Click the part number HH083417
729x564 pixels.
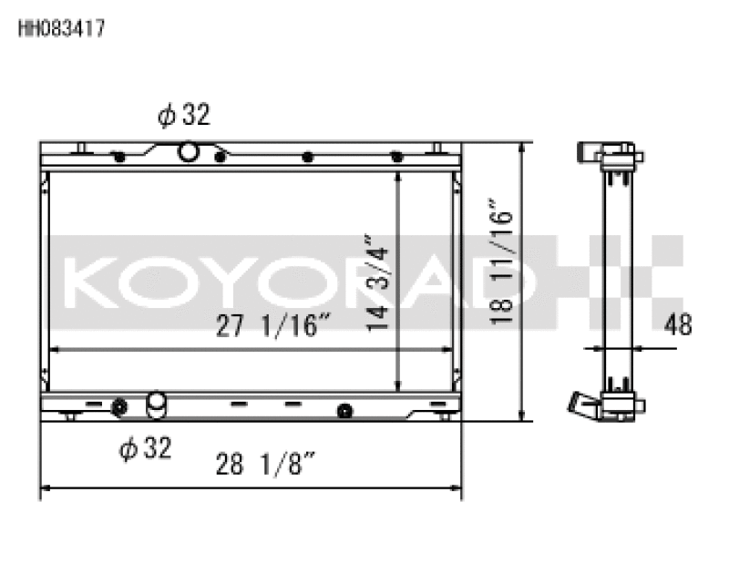point(62,28)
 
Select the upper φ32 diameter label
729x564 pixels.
point(183,115)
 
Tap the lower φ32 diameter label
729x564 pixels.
point(145,447)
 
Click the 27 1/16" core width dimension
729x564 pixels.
point(272,325)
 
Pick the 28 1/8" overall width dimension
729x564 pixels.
point(266,465)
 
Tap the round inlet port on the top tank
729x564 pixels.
point(189,151)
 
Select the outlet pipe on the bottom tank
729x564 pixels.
point(157,402)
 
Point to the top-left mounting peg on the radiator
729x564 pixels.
point(82,148)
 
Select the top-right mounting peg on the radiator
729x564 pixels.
point(437,148)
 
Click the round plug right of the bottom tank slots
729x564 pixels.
point(344,411)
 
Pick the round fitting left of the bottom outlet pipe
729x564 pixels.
point(118,406)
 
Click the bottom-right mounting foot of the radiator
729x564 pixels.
point(443,416)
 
